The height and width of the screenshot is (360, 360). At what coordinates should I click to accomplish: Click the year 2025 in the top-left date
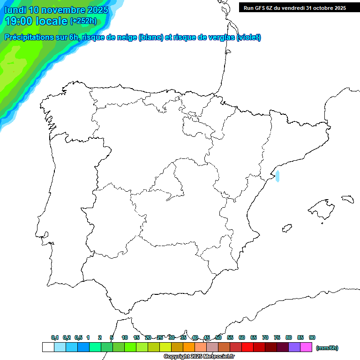[95, 10]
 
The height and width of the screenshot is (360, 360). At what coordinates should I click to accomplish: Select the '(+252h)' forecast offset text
[83, 21]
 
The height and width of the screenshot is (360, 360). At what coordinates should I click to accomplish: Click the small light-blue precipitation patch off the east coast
[277, 176]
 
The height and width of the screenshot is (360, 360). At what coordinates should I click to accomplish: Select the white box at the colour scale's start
[48, 347]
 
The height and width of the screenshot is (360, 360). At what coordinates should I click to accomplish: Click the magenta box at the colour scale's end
[306, 347]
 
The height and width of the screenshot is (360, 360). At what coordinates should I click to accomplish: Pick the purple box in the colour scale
[294, 347]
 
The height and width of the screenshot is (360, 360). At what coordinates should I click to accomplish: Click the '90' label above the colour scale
[312, 337]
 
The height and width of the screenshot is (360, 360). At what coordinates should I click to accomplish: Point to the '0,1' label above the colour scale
[55, 337]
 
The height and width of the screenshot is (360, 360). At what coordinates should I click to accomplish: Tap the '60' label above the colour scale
[242, 337]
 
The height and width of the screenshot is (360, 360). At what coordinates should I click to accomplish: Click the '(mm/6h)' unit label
[327, 348]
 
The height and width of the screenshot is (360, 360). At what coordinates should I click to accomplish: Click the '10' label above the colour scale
[125, 337]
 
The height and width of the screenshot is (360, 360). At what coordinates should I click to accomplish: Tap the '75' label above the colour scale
[277, 337]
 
